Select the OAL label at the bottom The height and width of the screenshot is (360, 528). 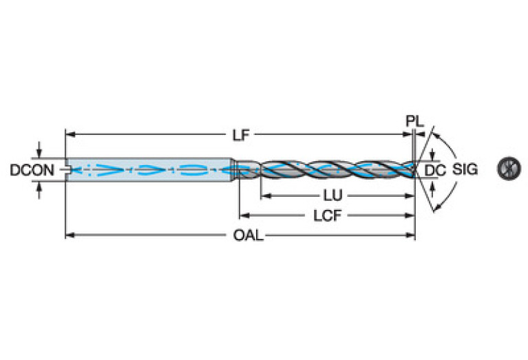[x=247, y=235]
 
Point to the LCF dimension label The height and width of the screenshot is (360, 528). [x=326, y=215]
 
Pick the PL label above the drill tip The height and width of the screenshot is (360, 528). [x=414, y=121]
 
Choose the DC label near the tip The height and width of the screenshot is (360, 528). [x=433, y=169]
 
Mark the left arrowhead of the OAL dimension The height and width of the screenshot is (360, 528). [x=68, y=235]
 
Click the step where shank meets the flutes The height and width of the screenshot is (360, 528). [x=237, y=169]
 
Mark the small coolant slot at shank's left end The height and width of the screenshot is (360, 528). [x=67, y=167]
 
